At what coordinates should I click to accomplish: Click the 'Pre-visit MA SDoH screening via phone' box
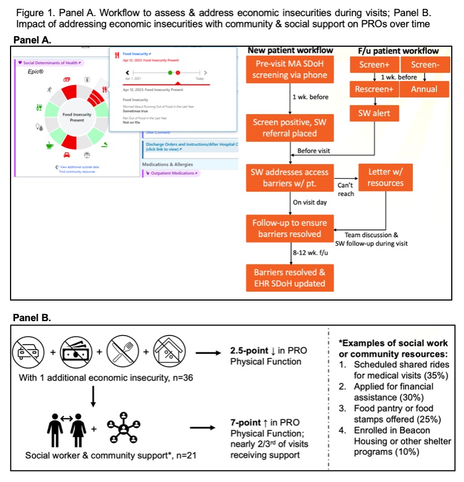tap(289, 70)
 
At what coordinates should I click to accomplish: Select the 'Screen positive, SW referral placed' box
tap(289, 127)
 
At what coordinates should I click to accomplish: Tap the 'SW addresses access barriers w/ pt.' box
tap(289, 178)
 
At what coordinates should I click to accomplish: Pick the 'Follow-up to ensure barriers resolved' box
tap(289, 229)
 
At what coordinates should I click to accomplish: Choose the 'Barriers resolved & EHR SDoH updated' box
tap(289, 278)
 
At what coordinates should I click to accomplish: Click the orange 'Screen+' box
tap(374, 65)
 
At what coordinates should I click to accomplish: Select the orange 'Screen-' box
tap(424, 65)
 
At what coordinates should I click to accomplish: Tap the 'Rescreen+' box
tap(374, 89)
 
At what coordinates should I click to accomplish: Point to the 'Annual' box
tap(424, 89)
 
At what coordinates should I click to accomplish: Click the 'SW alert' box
tap(374, 114)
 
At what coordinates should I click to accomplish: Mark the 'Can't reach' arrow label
tap(346, 189)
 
